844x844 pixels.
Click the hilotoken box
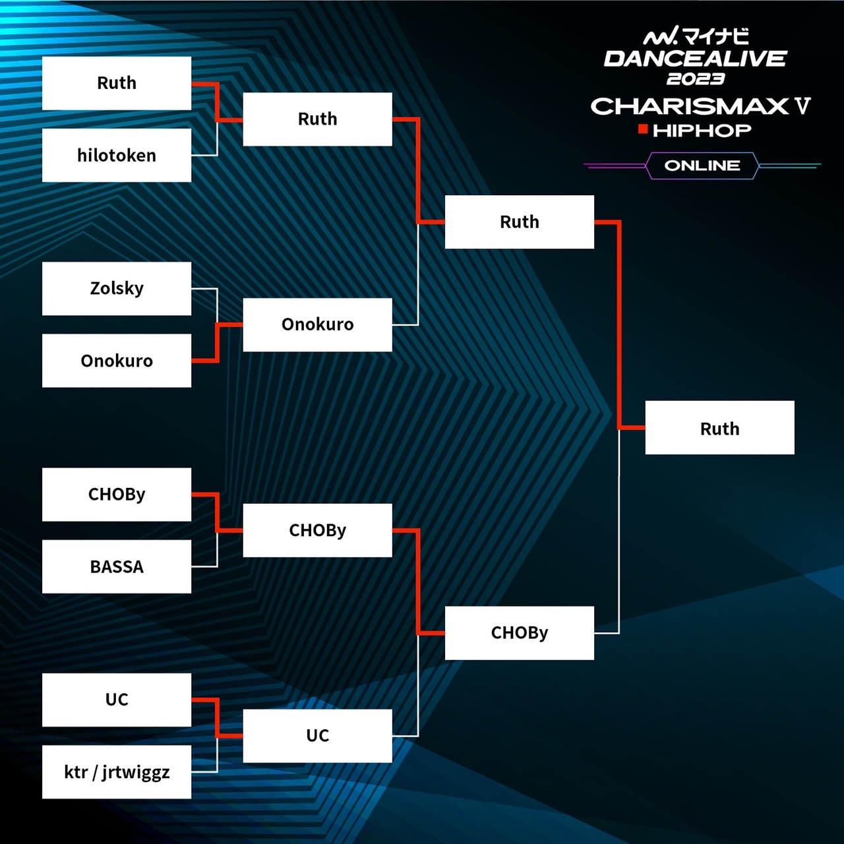point(117,155)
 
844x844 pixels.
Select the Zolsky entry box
point(117,288)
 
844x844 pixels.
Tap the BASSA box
point(117,566)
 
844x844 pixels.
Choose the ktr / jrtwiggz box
point(117,771)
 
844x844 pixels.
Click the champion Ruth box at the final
point(719,428)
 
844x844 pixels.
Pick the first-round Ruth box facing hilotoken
point(117,83)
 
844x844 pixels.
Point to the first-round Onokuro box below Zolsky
point(117,361)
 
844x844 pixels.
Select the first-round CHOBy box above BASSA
point(117,495)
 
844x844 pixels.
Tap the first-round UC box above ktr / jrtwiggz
point(117,700)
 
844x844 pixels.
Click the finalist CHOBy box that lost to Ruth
point(519,633)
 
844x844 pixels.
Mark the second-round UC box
point(317,736)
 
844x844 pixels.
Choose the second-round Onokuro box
point(317,324)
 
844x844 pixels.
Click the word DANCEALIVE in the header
point(695,59)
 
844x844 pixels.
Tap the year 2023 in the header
point(696,79)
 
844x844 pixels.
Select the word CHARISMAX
point(690,106)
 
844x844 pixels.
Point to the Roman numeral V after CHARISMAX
point(802,105)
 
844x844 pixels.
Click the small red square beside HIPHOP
point(643,129)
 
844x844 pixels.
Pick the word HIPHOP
point(702,131)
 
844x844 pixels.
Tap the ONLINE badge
point(702,166)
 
